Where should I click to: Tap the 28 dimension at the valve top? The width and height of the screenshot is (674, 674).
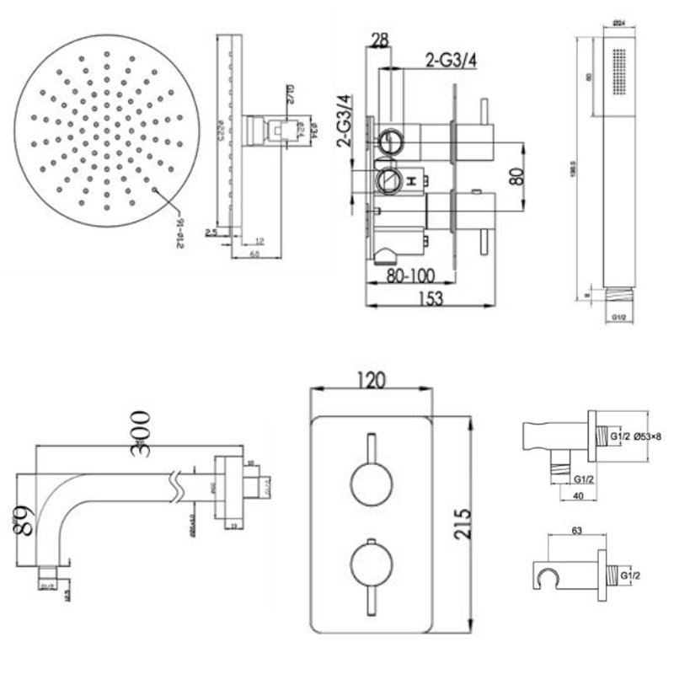[379, 40]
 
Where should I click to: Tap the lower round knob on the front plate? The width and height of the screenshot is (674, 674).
[370, 564]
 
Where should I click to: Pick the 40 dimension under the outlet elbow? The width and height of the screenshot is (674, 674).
[578, 496]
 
